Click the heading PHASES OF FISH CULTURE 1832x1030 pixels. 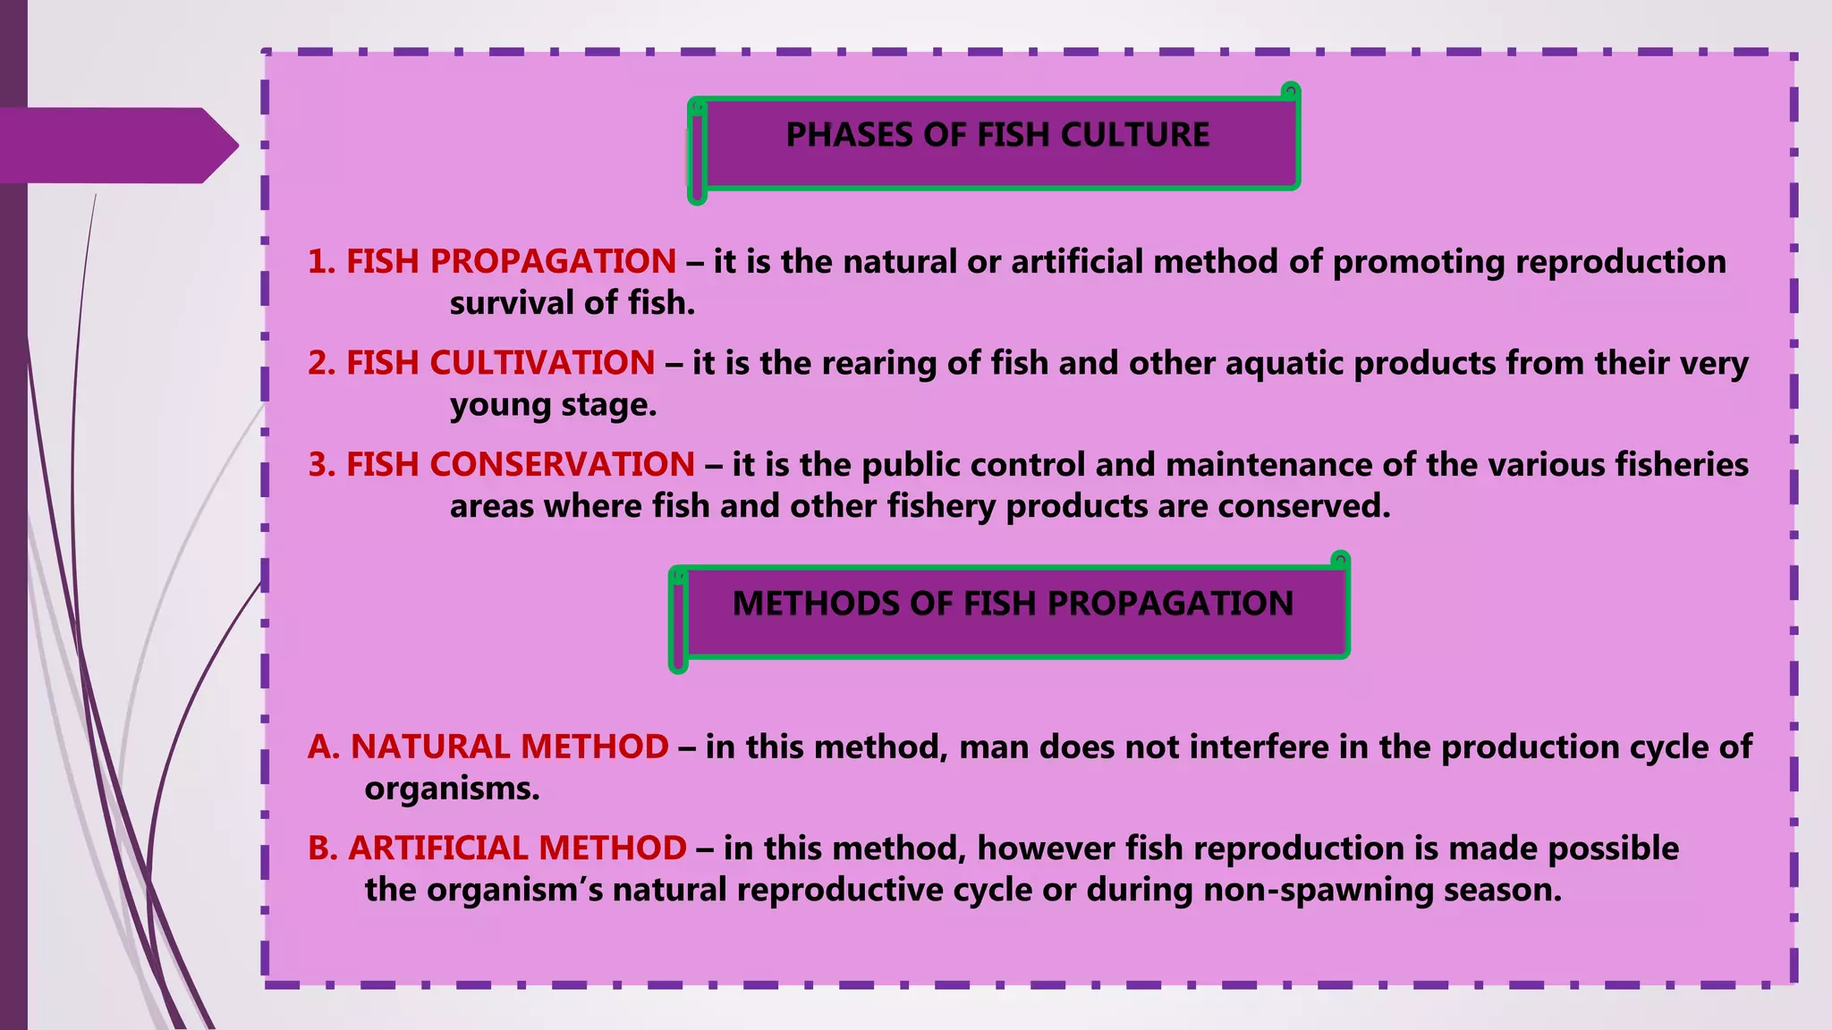tap(997, 135)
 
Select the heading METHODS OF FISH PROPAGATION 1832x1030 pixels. tap(1013, 604)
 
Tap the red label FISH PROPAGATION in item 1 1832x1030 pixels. tap(511, 261)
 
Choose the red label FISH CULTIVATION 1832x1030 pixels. tap(500, 363)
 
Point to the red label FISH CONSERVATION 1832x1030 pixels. tap(520, 465)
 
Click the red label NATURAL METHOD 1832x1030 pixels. tap(509, 747)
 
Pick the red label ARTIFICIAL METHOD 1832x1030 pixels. tap(517, 848)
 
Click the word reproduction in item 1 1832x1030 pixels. tap(1621, 261)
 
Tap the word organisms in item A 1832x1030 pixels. tap(452, 789)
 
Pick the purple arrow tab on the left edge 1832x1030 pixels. tap(116, 145)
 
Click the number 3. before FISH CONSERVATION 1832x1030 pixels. tap(322, 465)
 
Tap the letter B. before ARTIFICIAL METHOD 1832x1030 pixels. tap(323, 848)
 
